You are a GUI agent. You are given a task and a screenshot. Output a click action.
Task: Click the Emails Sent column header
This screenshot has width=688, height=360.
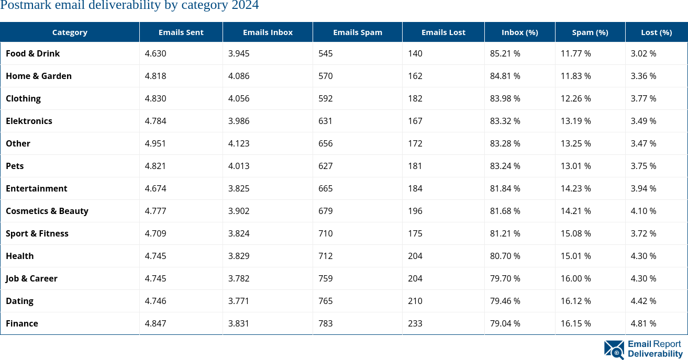[181, 32]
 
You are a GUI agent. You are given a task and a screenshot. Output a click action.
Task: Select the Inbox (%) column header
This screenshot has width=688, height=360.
[519, 32]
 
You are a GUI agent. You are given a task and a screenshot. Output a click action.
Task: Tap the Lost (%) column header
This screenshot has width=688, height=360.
[656, 32]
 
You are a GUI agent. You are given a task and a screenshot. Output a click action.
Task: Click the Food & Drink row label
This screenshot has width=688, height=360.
[32, 53]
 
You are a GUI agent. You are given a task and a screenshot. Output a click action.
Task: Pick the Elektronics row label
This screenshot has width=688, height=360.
[29, 121]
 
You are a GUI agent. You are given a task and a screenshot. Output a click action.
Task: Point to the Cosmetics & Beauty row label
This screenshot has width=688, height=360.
[47, 211]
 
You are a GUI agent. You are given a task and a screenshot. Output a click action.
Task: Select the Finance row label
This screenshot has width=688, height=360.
[22, 323]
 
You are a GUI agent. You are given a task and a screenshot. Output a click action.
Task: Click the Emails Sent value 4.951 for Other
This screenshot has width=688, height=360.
[156, 143]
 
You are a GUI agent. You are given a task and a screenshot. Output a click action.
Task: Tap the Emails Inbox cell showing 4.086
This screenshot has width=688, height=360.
[239, 76]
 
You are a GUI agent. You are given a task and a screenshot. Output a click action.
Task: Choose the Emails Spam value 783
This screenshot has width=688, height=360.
[325, 323]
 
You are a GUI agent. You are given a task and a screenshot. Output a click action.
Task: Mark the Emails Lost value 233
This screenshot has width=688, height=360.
[415, 323]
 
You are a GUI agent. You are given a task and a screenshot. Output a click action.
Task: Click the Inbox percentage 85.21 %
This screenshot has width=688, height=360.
[505, 53]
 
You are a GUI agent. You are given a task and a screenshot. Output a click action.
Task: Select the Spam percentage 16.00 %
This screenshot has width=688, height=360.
[575, 278]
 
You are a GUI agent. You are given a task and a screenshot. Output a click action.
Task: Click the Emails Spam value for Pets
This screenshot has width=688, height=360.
[325, 166]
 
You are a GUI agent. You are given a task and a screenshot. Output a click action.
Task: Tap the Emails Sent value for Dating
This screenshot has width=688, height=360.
[156, 301]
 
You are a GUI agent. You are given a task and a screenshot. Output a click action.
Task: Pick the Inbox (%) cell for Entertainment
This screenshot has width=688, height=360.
[505, 188]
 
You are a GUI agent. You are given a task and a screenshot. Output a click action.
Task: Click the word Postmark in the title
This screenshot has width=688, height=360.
[21, 6]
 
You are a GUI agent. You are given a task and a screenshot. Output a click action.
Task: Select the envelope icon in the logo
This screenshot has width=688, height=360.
[614, 350]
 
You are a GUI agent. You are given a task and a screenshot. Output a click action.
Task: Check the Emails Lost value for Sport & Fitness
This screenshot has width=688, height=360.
[415, 233]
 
